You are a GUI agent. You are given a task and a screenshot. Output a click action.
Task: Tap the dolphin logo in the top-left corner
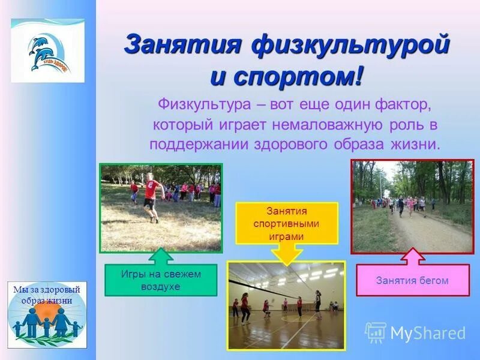[x=47, y=50]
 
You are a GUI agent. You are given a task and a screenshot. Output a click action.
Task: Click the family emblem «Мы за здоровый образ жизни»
[x=47, y=314]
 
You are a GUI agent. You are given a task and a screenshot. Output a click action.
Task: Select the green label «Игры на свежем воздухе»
[x=161, y=280]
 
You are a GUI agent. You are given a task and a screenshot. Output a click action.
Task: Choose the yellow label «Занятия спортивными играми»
[x=286, y=223]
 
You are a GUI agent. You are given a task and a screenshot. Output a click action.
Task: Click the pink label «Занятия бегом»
[x=412, y=280]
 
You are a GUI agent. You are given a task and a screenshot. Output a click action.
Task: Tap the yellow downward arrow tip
[x=286, y=262]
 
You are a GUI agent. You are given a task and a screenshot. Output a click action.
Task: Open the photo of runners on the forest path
[x=412, y=206]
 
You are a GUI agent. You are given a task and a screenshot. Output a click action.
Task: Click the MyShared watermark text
[x=428, y=333]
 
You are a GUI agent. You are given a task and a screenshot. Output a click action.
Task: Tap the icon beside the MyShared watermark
[x=376, y=332]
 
